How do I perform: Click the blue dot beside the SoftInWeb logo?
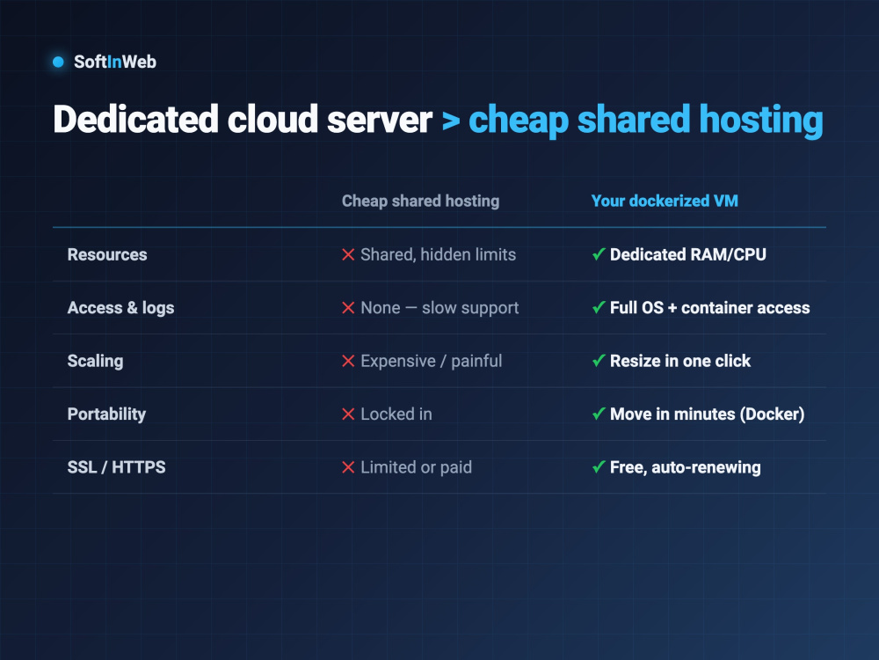58,62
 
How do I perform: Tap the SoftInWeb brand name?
115,62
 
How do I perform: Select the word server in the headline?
380,120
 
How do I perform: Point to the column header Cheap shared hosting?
420,201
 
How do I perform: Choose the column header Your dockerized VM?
665,201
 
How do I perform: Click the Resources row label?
107,255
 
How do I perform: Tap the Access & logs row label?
120,308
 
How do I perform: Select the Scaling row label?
95,361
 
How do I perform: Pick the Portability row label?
106,414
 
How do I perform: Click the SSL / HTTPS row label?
117,467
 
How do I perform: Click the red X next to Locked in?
348,414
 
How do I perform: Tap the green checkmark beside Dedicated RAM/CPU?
599,254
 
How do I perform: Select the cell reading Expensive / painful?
431,361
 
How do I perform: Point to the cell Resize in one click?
680,361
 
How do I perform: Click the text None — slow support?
439,308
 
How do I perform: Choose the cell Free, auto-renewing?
685,467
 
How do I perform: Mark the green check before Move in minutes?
599,414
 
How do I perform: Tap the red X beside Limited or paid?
348,467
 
